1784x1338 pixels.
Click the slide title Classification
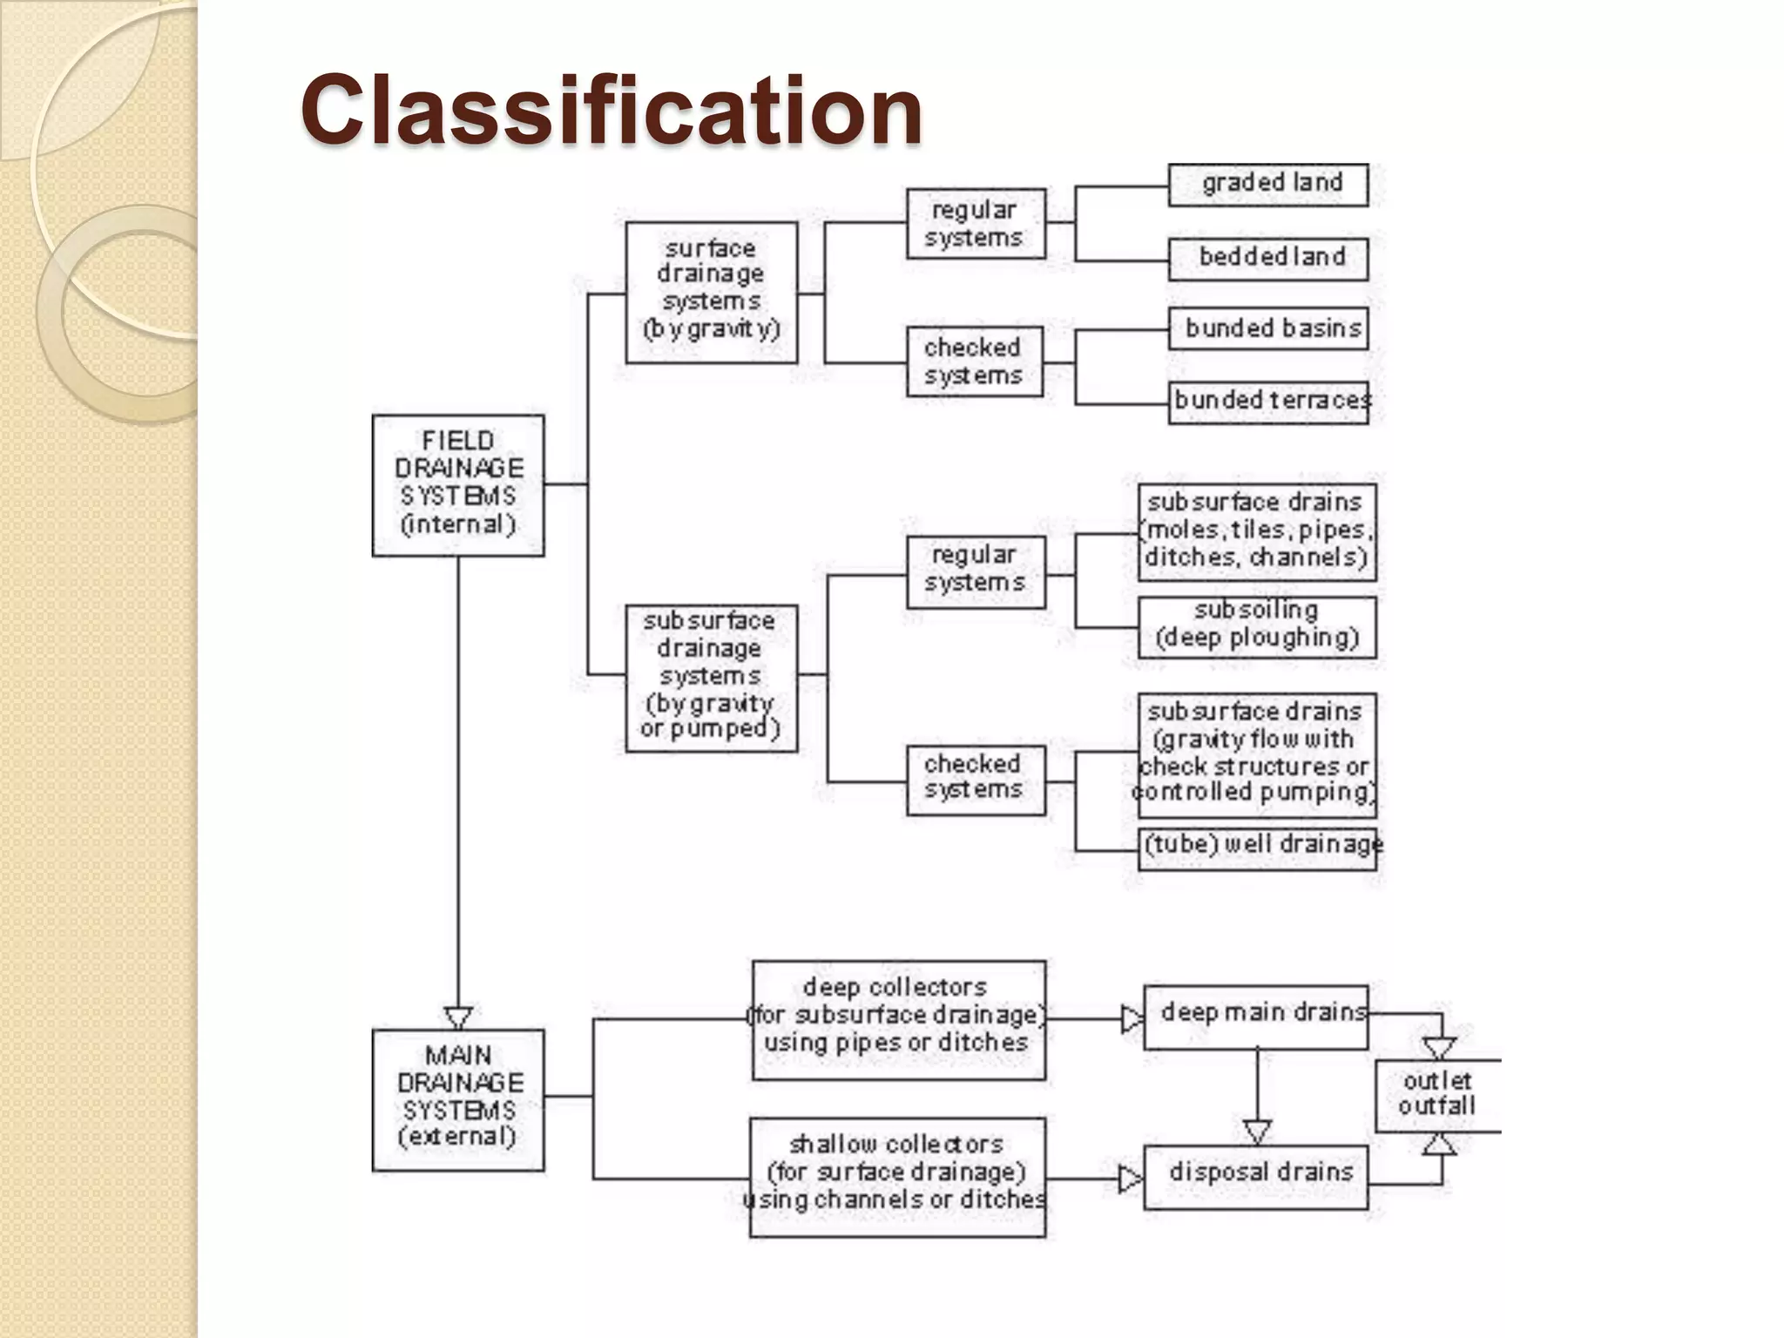click(612, 111)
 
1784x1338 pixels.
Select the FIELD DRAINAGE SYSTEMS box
click(458, 485)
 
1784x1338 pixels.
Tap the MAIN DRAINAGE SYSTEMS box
click(458, 1099)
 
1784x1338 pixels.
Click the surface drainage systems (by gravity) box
click(711, 292)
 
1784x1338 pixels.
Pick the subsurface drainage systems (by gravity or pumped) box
click(711, 678)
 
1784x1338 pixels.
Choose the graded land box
click(1267, 185)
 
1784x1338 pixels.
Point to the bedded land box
click(1267, 259)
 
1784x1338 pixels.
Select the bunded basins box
click(1267, 328)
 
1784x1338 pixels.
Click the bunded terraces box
click(1267, 402)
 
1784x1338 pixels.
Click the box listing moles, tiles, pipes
click(1256, 531)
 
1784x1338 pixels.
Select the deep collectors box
click(898, 1020)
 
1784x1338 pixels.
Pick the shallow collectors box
click(897, 1177)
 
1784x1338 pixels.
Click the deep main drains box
click(1255, 1017)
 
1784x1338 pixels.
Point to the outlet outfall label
click(1436, 1095)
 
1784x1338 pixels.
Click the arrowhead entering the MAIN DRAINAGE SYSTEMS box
click(458, 1017)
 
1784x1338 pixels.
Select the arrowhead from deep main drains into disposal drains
click(1256, 1131)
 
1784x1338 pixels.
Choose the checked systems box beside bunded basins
click(974, 362)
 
